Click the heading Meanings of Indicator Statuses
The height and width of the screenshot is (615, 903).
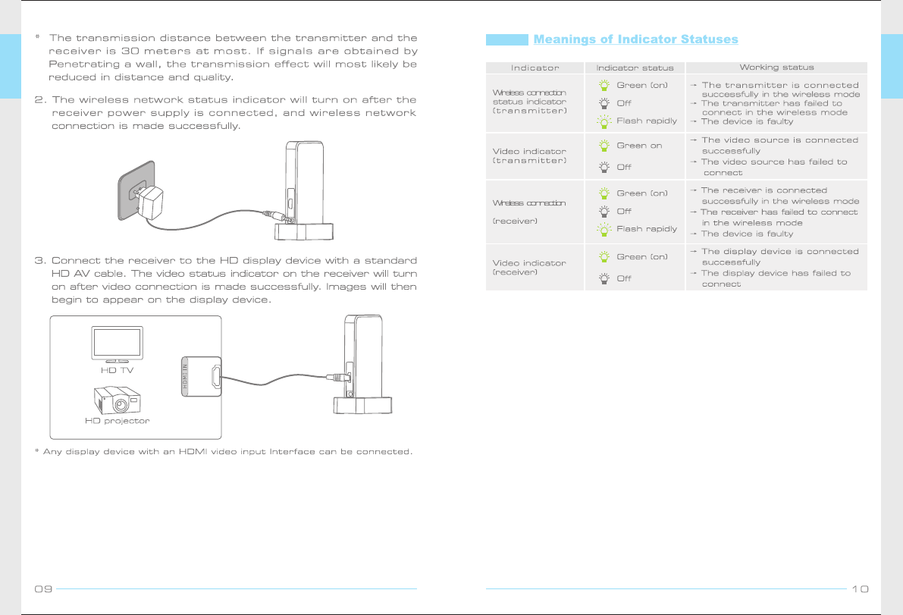pos(635,39)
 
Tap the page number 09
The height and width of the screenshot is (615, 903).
pos(42,588)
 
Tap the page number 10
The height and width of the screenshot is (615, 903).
pos(860,588)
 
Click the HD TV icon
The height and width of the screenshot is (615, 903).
pos(117,346)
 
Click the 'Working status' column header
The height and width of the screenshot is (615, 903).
pos(776,67)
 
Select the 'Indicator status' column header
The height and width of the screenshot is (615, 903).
pos(635,68)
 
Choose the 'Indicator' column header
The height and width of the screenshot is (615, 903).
pos(535,68)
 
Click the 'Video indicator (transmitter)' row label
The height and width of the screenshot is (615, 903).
pos(529,156)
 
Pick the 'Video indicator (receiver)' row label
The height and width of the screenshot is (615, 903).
pos(529,267)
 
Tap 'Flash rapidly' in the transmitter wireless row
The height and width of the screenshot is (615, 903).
pos(646,121)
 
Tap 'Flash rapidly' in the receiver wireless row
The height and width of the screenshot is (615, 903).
pos(646,229)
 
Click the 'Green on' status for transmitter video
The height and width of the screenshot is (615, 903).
pos(639,146)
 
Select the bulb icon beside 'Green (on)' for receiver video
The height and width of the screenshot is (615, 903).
pos(604,257)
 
